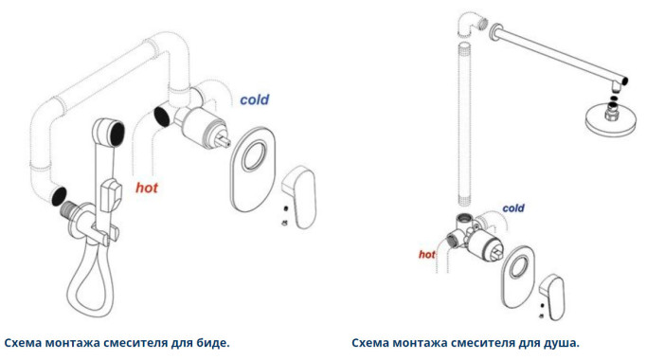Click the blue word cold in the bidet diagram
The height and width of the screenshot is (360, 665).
pyautogui.click(x=255, y=99)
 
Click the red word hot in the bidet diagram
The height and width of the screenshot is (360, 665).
pyautogui.click(x=147, y=188)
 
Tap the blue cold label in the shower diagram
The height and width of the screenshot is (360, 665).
pyautogui.click(x=513, y=208)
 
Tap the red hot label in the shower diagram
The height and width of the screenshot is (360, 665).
pyautogui.click(x=427, y=254)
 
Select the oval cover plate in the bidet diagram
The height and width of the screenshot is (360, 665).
pyautogui.click(x=253, y=169)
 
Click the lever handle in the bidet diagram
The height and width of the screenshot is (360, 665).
pyautogui.click(x=299, y=197)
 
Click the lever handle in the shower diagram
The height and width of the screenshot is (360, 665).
pyautogui.click(x=552, y=297)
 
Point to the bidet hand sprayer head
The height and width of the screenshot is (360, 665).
pyautogui.click(x=109, y=132)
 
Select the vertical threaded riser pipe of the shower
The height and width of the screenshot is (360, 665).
pyautogui.click(x=466, y=124)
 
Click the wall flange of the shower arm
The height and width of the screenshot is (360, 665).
pyautogui.click(x=495, y=32)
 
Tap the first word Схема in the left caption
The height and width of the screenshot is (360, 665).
pyautogui.click(x=23, y=343)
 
